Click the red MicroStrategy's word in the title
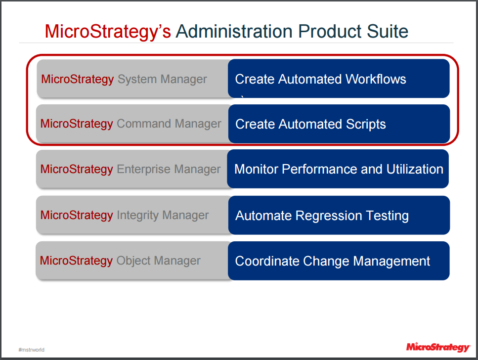[108, 32]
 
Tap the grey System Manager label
[162, 79]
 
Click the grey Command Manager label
[169, 124]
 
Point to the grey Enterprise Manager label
[169, 169]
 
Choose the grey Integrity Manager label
[163, 215]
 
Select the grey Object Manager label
[159, 261]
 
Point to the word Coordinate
[267, 261]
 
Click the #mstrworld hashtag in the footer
[32, 350]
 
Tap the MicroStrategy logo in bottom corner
[437, 347]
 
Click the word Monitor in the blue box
[256, 169]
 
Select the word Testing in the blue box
[387, 216]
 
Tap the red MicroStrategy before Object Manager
[76, 261]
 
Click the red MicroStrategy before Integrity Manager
[77, 215]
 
